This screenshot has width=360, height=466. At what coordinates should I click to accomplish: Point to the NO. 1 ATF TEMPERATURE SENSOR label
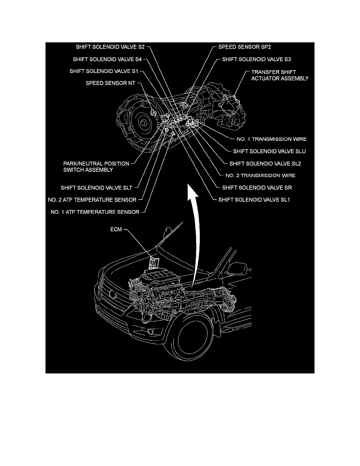[x=95, y=212]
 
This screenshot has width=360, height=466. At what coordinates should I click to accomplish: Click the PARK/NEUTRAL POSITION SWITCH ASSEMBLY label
[x=88, y=167]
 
